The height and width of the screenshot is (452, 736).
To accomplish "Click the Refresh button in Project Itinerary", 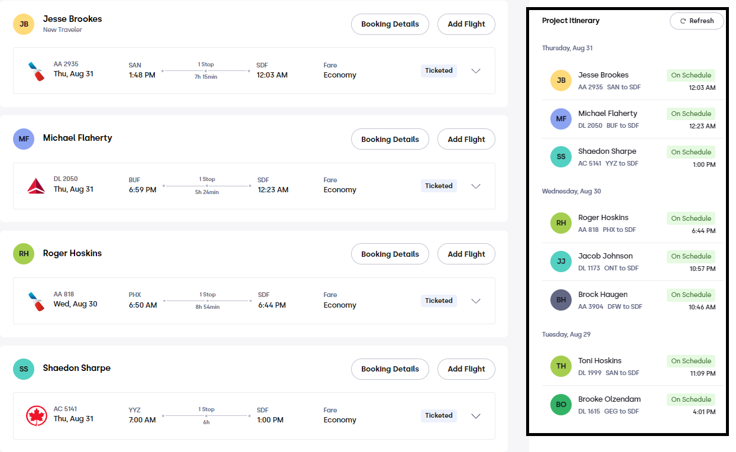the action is coord(696,21).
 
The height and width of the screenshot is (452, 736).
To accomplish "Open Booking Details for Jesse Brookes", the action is coord(390,24).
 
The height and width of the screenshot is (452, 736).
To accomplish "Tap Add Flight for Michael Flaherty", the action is coord(466,139).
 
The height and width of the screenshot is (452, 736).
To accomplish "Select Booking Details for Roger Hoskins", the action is coord(390,254).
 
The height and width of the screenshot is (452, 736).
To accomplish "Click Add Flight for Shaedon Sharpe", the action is coord(466,369).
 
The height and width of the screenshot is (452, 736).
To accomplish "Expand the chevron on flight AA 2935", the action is coord(476,70).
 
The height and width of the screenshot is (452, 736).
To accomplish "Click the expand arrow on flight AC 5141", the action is coord(476,416).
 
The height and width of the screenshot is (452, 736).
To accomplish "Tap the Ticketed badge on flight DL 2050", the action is coord(439,186).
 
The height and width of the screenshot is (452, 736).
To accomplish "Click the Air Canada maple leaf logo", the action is coord(37,415).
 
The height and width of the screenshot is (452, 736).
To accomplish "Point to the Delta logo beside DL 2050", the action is coord(36,186).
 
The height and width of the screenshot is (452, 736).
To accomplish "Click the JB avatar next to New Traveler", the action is coord(24,24).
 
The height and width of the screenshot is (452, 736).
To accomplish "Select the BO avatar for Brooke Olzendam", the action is coord(561,405).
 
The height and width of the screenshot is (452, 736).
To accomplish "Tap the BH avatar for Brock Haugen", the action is coord(561,300).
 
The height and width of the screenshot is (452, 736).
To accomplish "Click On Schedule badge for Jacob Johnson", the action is coord(691,256).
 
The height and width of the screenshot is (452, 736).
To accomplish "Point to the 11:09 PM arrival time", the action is coord(702,373).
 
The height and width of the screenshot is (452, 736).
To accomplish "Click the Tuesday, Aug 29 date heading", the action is coord(566,334).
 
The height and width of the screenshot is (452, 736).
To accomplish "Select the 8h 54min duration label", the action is coord(207,306).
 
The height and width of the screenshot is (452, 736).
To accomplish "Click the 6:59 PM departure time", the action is coord(142,190).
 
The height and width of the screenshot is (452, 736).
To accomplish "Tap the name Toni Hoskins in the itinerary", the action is coord(599,361).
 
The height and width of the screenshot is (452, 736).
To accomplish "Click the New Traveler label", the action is coord(63,30).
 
